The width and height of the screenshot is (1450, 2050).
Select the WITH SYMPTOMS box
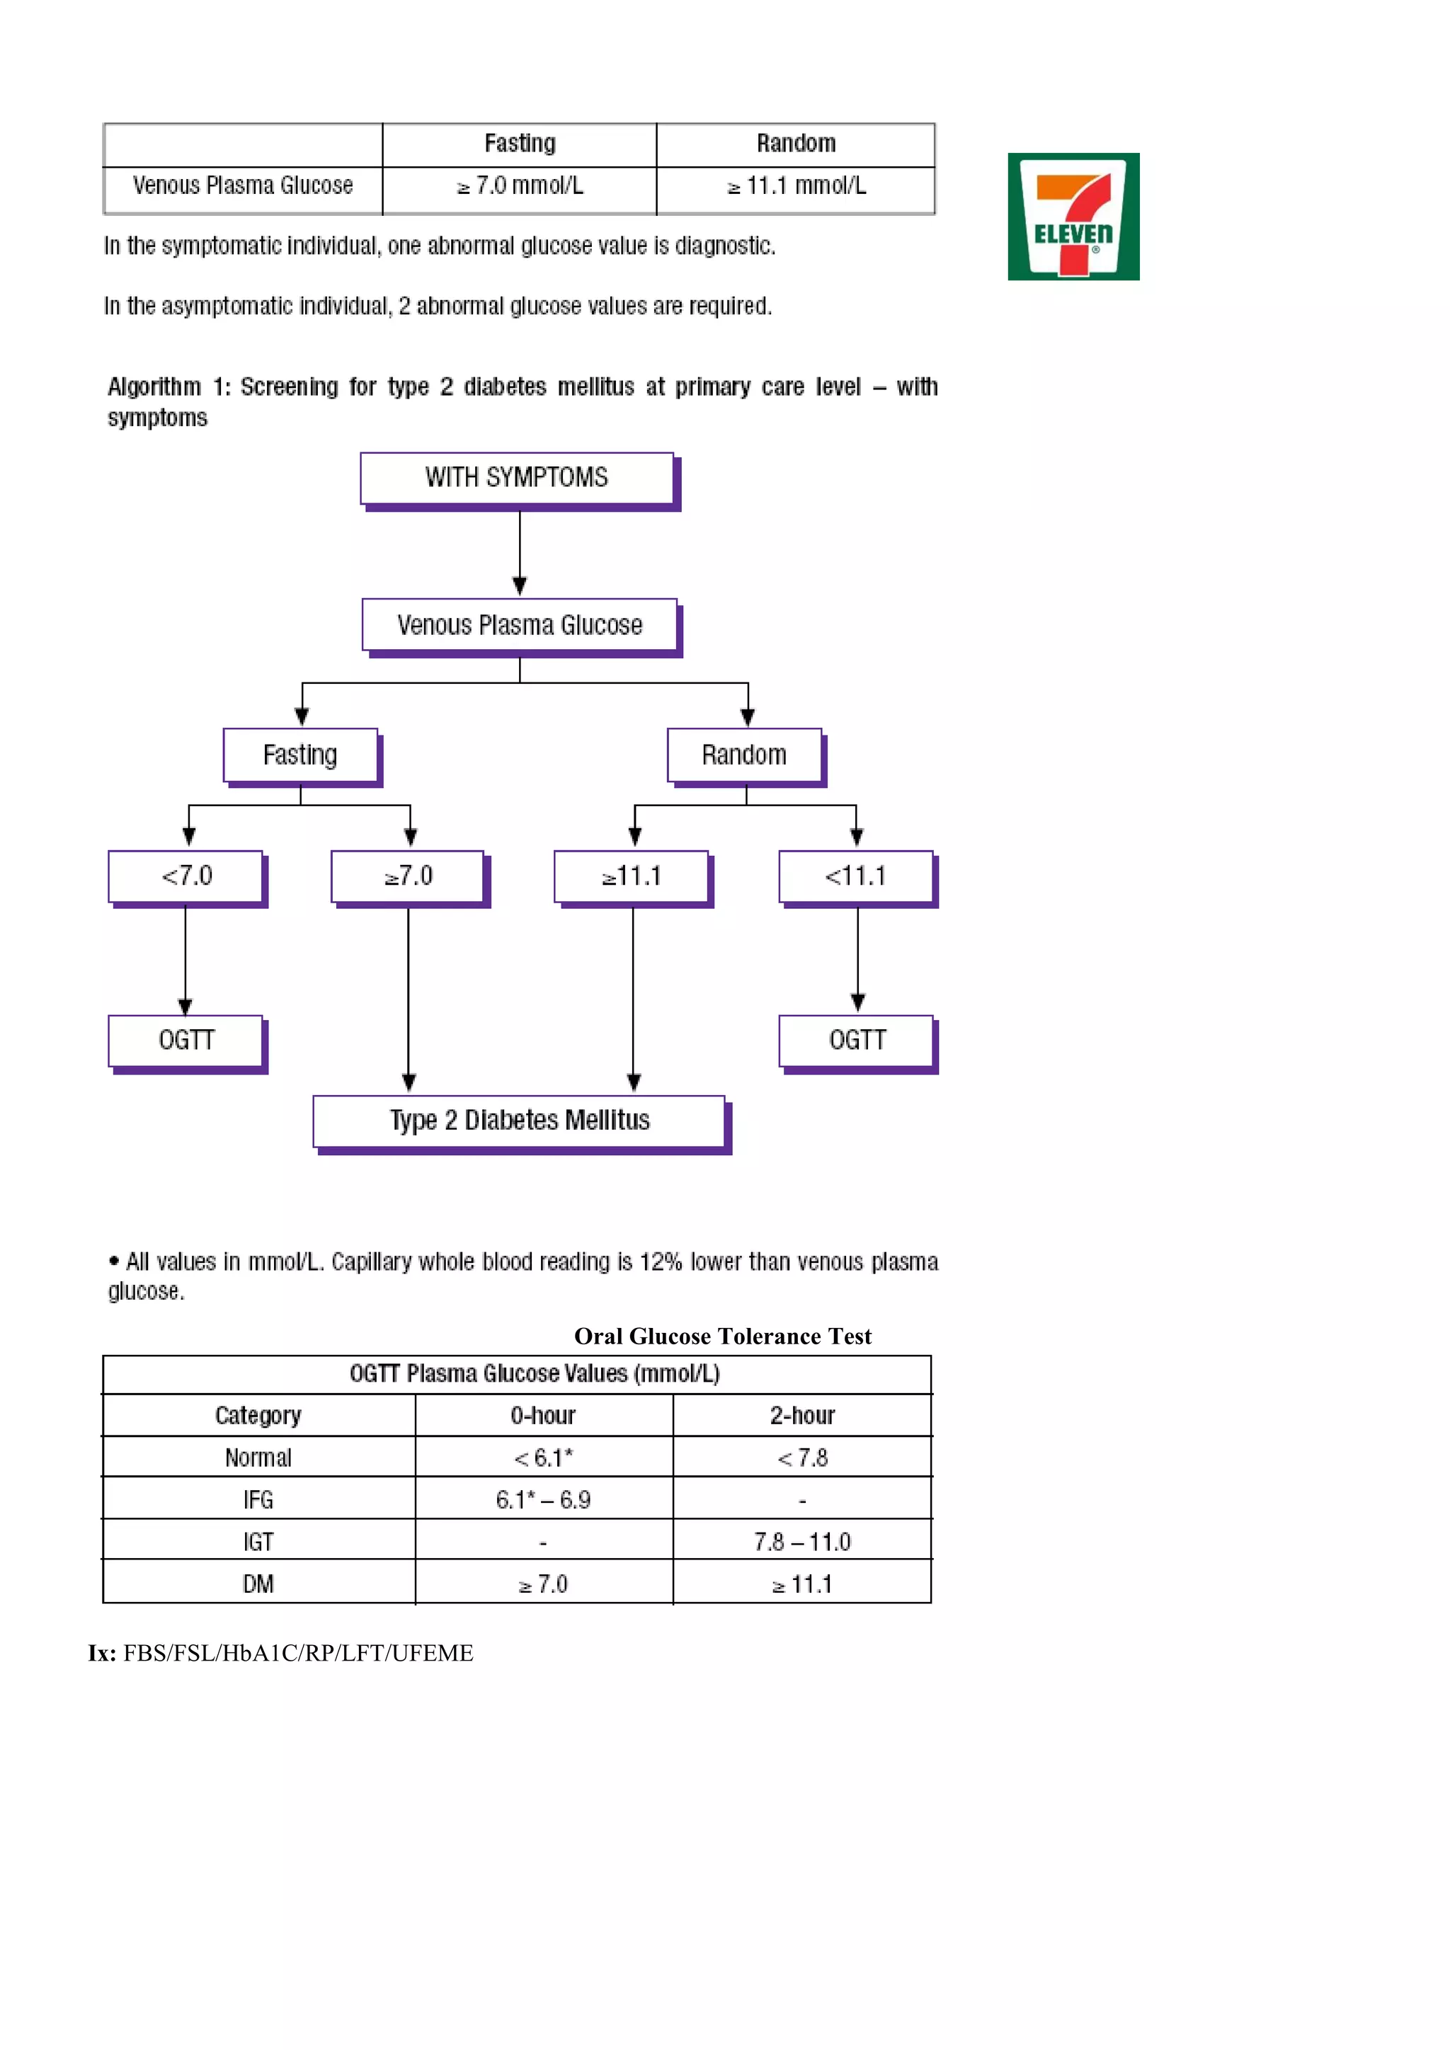point(517,479)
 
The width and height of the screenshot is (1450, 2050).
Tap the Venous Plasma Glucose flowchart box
point(520,625)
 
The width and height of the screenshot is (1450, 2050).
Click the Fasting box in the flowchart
point(300,755)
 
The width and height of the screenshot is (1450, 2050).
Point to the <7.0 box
point(185,877)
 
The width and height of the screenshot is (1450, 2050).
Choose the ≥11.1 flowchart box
point(632,877)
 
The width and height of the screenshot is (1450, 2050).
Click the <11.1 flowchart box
point(855,877)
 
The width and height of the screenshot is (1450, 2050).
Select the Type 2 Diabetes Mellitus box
point(519,1121)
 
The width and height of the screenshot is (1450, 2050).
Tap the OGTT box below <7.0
point(185,1041)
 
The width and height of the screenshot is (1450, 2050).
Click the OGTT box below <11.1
point(856,1041)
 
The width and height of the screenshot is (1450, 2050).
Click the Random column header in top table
point(796,144)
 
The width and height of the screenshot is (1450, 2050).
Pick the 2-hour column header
point(801,1415)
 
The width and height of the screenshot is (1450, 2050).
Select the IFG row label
point(258,1500)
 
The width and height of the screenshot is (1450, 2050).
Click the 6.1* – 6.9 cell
point(543,1500)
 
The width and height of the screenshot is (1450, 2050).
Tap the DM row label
point(258,1585)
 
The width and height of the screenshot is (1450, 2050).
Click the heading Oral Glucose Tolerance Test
point(722,1336)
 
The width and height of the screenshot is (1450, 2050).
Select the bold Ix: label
point(102,1654)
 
